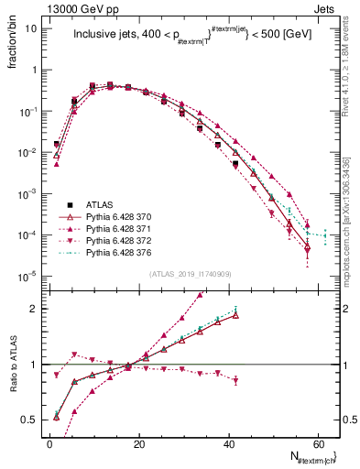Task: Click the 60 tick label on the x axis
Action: coord(317,442)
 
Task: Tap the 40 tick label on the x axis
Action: coord(228,442)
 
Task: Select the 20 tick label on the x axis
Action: coord(138,442)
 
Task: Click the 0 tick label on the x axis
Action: coord(49,442)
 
